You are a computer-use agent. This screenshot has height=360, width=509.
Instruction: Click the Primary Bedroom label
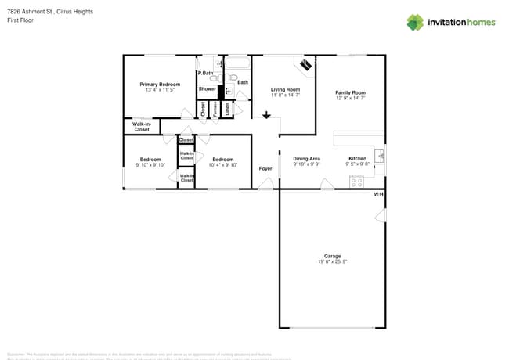point(160,84)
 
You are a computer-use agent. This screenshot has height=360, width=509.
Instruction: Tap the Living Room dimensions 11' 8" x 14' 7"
point(285,96)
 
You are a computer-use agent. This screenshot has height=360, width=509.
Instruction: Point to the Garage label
point(333,256)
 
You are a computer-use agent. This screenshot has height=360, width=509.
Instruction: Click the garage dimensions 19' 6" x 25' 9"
point(333,262)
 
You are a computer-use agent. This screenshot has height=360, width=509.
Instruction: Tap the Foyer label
point(265,168)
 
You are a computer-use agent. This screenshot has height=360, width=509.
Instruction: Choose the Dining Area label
point(306,158)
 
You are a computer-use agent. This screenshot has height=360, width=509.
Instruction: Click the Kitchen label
point(357,158)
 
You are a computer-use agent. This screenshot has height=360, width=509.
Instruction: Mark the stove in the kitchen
point(356,182)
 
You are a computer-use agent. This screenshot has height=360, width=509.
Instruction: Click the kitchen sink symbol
point(379,155)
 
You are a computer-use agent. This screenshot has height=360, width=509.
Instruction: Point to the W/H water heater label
point(378,194)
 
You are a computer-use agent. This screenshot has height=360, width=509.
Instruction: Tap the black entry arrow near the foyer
point(266,116)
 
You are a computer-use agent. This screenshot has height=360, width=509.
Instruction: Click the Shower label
point(207,89)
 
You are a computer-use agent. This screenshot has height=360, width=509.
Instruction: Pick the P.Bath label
point(205,73)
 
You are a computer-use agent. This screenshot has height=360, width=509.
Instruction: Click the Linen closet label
point(227,109)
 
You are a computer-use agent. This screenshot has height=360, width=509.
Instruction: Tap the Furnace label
point(215,109)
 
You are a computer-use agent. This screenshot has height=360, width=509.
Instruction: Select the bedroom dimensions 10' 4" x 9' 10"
point(223,165)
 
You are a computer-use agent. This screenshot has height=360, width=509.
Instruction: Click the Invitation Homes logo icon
point(415,22)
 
